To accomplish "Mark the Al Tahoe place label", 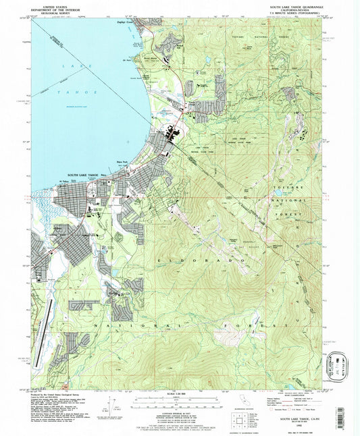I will point(65,181).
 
